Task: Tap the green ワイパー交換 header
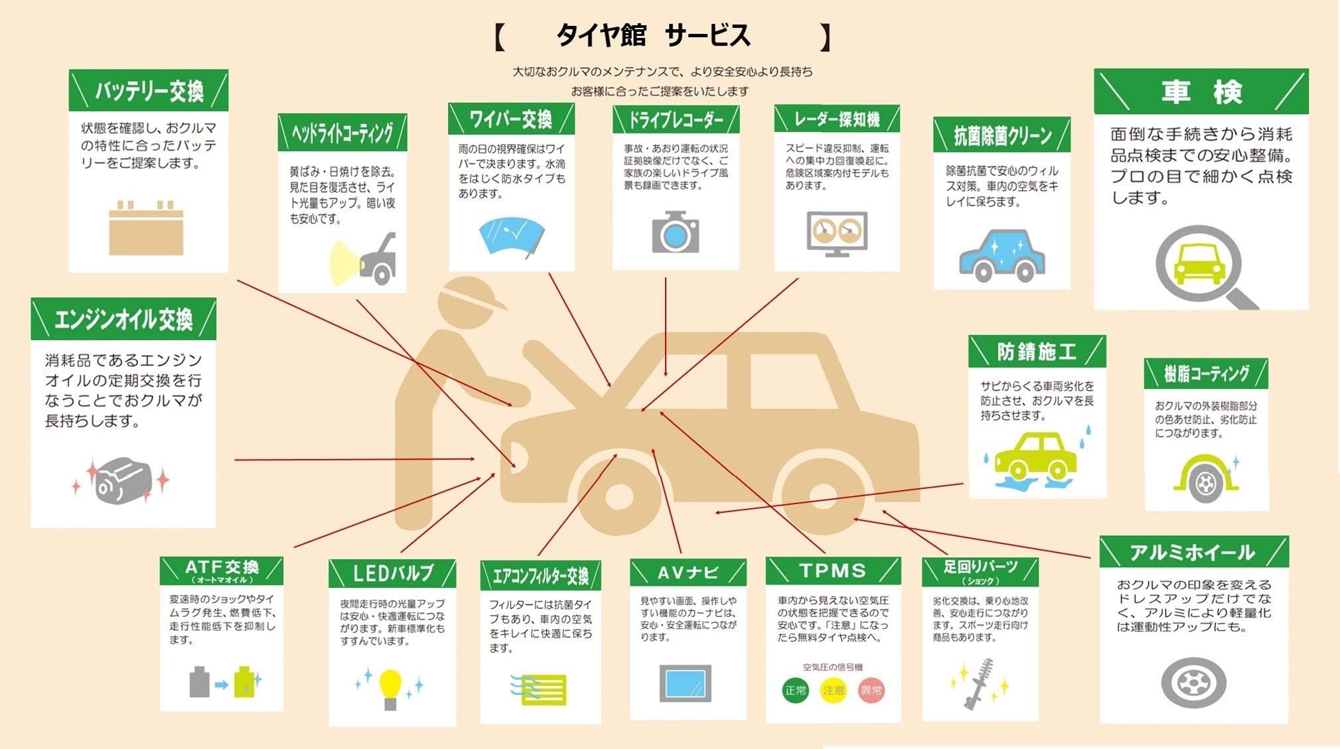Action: tap(511, 119)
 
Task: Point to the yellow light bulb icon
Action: tap(390, 687)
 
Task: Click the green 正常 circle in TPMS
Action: tap(795, 691)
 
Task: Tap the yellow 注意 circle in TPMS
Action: tap(833, 691)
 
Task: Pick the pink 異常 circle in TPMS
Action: tap(871, 691)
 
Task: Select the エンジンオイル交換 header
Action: tap(123, 320)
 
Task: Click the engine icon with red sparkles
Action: tap(123, 480)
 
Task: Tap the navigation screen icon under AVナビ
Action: tap(685, 683)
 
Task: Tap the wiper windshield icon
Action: tap(512, 236)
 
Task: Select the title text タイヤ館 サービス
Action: tap(654, 35)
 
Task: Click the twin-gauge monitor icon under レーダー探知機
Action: tap(837, 233)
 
